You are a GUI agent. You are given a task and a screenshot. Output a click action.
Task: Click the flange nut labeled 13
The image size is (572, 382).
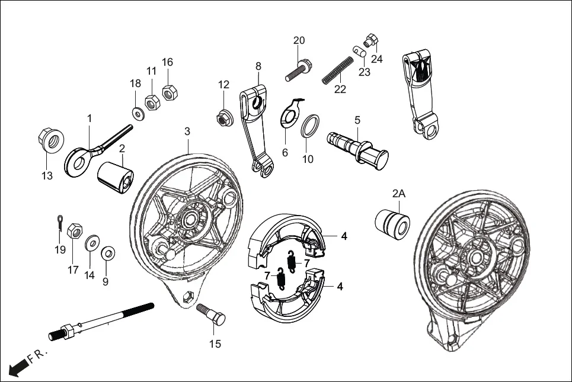coord(50,140)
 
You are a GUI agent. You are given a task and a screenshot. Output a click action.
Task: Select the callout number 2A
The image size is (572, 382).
coord(398,193)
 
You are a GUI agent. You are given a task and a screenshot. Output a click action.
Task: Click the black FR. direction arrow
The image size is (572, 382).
coord(19,366)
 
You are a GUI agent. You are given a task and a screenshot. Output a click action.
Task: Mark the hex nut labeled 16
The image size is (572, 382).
coord(167,92)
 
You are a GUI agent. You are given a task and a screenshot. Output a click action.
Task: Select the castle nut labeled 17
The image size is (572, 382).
coord(75,231)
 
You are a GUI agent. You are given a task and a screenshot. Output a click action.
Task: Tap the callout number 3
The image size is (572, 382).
coord(187,130)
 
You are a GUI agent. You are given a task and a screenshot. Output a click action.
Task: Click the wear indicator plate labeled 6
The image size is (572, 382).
coord(290,113)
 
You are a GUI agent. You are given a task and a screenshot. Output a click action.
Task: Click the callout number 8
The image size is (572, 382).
coord(258,66)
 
